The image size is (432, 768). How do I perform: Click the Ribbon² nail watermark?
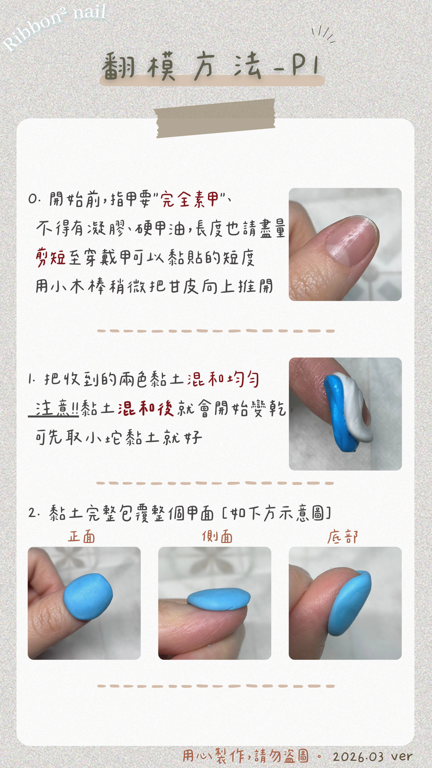click(x=54, y=26)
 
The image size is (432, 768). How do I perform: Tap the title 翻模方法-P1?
click(x=211, y=66)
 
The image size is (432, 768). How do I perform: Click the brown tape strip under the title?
click(x=215, y=118)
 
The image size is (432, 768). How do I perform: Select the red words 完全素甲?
click(x=190, y=199)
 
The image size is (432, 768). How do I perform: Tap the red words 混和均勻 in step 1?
click(x=223, y=378)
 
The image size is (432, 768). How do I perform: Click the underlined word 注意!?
click(x=56, y=408)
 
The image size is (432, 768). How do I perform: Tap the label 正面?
click(x=82, y=536)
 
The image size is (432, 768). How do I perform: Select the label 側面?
click(x=217, y=536)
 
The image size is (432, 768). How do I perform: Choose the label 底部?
click(x=343, y=536)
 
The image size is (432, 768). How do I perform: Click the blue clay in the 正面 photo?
click(x=88, y=596)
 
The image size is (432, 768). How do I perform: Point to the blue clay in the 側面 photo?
click(x=218, y=599)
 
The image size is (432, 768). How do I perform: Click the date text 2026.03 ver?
click(x=372, y=756)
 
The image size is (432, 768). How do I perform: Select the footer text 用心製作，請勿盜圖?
click(x=246, y=756)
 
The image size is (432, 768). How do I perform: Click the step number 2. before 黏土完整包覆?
click(x=34, y=513)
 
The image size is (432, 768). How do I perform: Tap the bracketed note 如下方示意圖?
click(x=276, y=513)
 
